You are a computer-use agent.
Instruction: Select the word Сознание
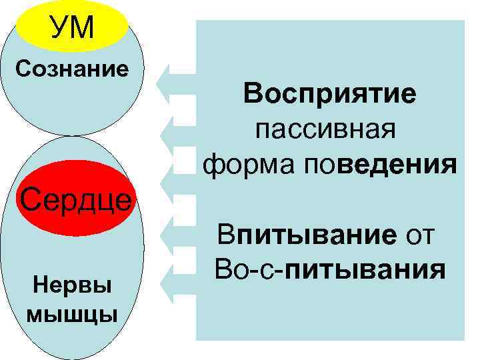[x=72, y=69]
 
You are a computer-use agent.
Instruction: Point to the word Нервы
[x=72, y=288]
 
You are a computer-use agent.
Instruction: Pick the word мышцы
[x=72, y=313]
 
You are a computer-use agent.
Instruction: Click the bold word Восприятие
[x=329, y=94]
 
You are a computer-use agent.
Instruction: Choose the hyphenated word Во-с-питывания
[x=329, y=271]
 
